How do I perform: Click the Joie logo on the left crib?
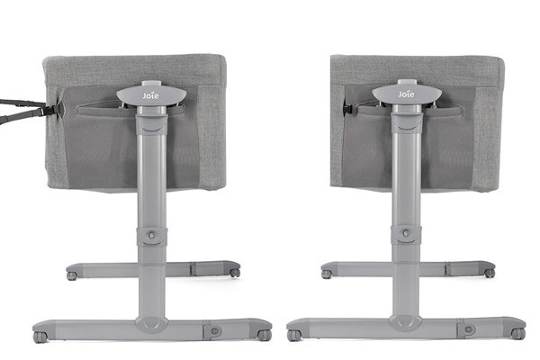[x=151, y=95]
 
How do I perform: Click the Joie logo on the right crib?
[x=407, y=94]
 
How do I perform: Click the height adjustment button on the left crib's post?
[x=151, y=235]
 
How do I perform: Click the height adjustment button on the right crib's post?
[x=407, y=234]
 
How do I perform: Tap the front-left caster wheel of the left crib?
[x=40, y=337]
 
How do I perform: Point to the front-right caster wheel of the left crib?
[x=265, y=335]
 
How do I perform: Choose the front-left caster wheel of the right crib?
[x=293, y=335]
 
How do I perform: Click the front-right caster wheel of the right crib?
[x=518, y=334]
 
